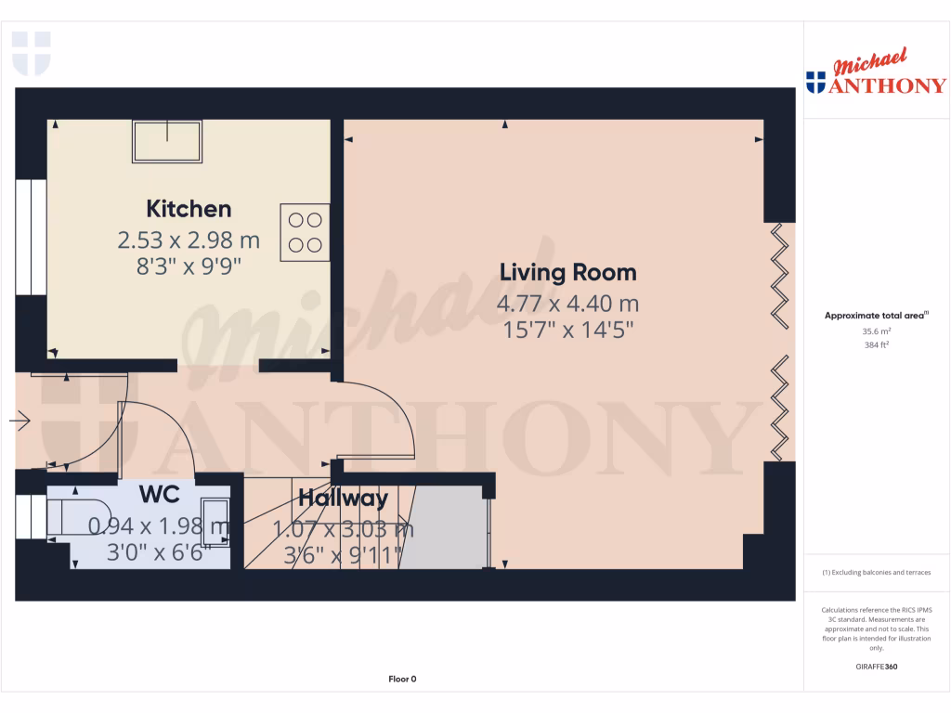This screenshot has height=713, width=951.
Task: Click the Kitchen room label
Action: tap(189, 209)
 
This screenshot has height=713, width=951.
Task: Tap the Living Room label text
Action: tap(568, 273)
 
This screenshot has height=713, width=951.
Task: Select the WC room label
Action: tap(160, 493)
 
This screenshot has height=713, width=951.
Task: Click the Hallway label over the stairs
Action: tap(343, 499)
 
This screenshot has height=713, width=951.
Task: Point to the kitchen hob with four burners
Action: tap(306, 232)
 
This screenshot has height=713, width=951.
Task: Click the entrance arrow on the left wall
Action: tap(20, 422)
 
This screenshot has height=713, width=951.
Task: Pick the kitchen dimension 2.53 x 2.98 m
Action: tap(189, 241)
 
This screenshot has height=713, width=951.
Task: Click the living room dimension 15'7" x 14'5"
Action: tap(568, 330)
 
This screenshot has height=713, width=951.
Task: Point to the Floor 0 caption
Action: tap(402, 679)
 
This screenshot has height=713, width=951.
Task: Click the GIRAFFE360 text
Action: tap(877, 667)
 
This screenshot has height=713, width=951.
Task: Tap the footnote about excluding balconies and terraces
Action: tap(877, 573)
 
